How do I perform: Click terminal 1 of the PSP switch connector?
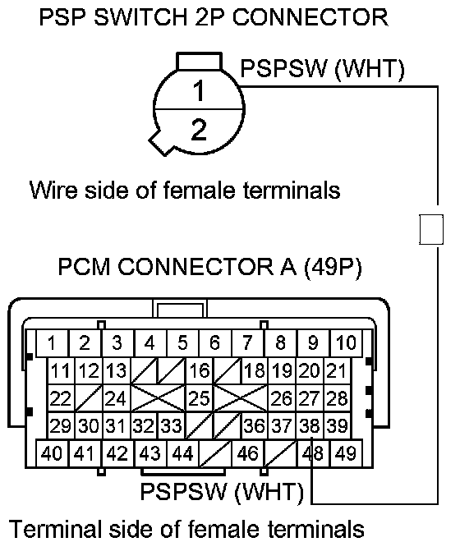199,90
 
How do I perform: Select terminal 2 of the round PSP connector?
199,131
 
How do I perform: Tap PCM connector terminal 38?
310,425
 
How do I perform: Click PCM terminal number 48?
313,453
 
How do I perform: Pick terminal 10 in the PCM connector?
346,343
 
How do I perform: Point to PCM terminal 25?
200,398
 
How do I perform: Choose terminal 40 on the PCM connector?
52,453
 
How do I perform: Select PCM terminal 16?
200,370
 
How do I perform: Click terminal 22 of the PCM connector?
61,398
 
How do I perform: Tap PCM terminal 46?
247,453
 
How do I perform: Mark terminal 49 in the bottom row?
346,453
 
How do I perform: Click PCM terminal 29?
61,425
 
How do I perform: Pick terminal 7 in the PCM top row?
247,343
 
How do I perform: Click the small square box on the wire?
431,229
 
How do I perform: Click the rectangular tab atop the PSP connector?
200,62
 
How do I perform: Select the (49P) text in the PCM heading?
333,267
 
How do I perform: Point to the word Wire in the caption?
53,190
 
